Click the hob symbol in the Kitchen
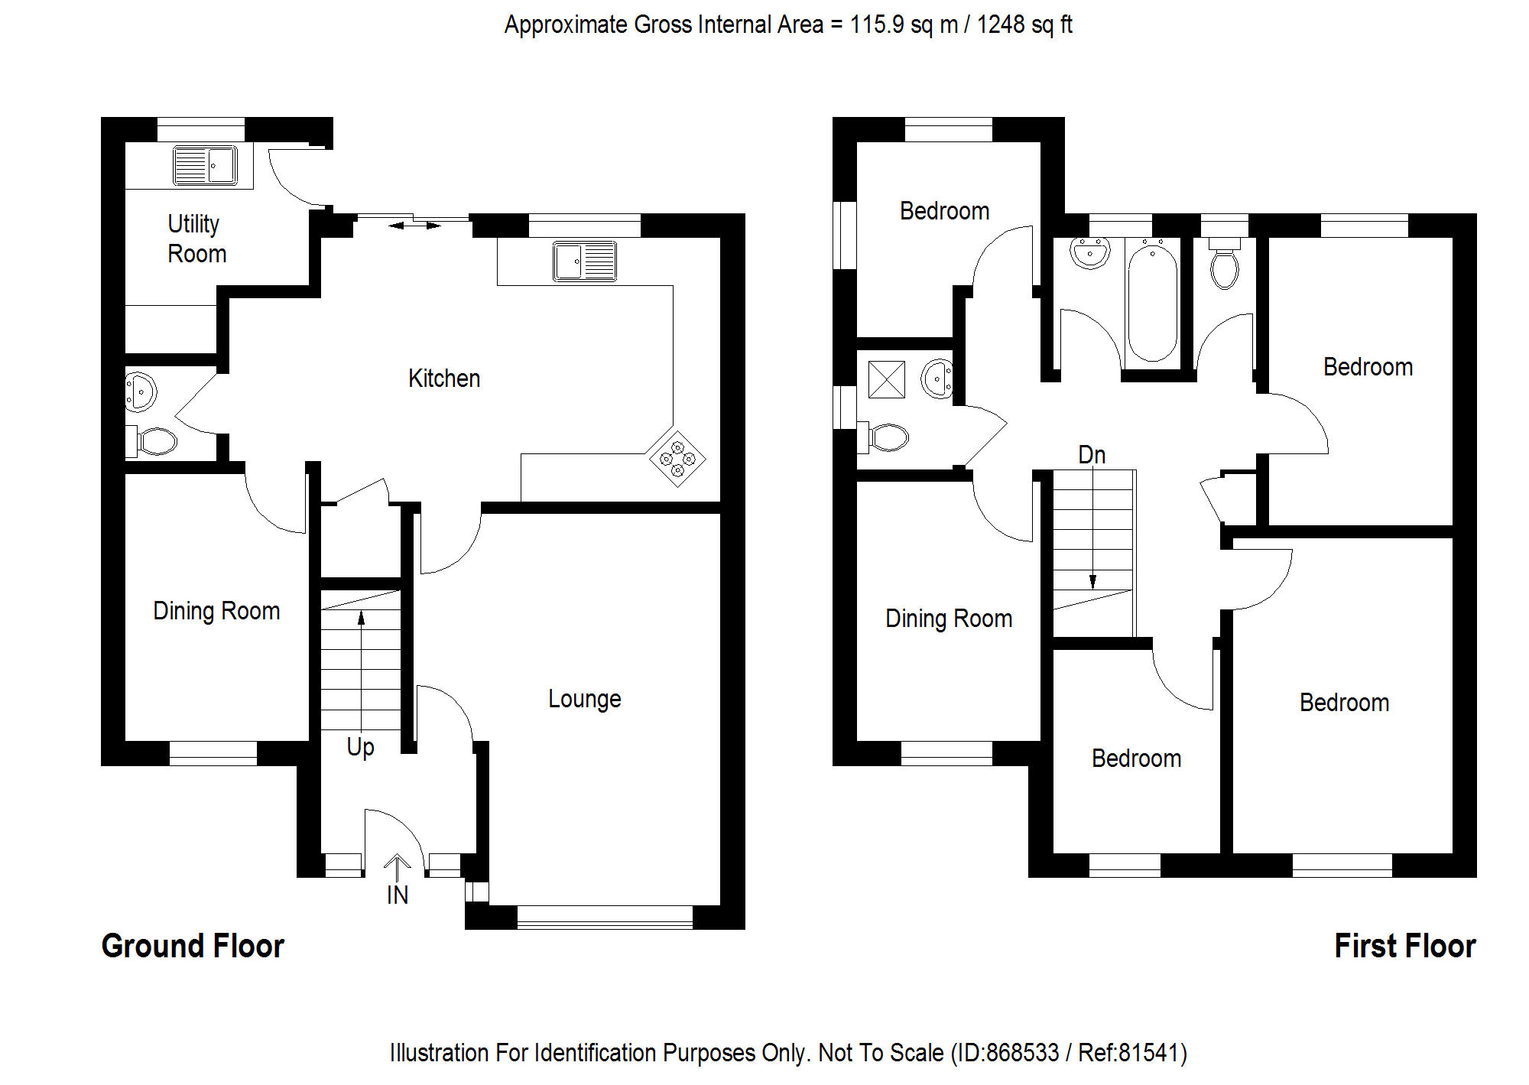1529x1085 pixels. pos(677,459)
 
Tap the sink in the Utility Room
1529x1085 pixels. pos(205,165)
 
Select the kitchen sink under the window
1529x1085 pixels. pos(585,262)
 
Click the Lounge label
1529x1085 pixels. pos(585,699)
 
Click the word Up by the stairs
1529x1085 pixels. pos(360,747)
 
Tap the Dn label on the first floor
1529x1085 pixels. pos(1092,456)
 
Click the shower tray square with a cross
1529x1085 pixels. pos(887,379)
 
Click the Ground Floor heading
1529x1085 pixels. pos(193,946)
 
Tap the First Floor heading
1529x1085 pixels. pos(1404,946)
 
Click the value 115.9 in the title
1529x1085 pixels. pos(877,24)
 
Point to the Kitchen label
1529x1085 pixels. pos(444,378)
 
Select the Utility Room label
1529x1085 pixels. pos(196,239)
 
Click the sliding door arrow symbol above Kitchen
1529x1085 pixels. pos(414,226)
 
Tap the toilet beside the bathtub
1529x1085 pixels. pos(1225,265)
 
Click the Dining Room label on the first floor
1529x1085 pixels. pos(949,619)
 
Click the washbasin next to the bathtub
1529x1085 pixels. pos(1089,252)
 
